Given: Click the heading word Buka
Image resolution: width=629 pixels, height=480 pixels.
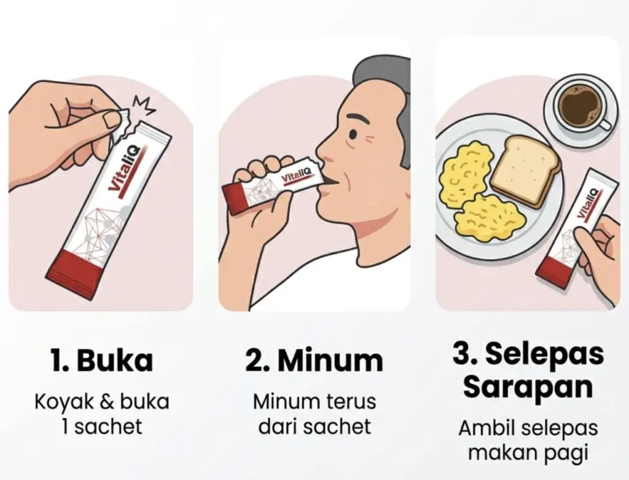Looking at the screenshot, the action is point(115,360).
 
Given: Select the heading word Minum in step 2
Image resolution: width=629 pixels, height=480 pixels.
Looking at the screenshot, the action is point(330,360).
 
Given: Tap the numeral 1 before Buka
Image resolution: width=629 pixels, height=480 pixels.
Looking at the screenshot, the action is point(56,360).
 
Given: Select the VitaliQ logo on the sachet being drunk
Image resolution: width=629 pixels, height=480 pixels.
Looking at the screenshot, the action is point(295,175).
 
